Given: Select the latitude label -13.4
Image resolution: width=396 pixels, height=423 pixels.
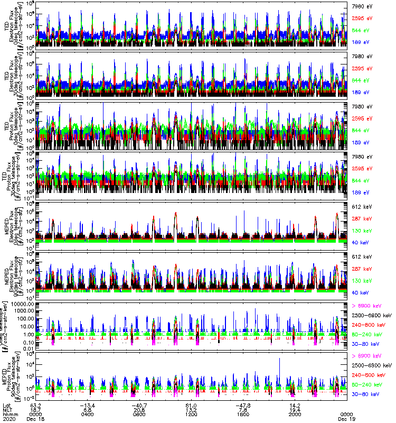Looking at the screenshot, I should tap(87, 404).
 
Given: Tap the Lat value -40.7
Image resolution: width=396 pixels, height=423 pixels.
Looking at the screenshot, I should tap(139, 404).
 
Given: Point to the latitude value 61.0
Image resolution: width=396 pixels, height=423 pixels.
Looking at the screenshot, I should tap(191, 404).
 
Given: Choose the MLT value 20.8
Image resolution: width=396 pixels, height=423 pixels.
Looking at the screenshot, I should tap(139, 409).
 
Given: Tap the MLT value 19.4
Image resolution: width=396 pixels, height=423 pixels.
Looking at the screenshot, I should tap(294, 409).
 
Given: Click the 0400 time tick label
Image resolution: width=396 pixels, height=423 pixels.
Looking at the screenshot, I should tap(88, 414).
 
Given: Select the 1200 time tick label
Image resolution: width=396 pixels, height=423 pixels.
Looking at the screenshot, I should tap(191, 414).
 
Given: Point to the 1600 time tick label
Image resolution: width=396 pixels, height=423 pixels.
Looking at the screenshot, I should tap(243, 414).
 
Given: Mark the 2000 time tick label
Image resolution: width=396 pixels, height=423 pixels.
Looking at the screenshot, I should tap(294, 414).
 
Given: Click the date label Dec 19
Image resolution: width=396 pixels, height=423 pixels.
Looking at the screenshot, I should tap(346, 419).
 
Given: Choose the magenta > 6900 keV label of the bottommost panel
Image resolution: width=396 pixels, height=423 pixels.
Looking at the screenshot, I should tap(366, 358).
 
